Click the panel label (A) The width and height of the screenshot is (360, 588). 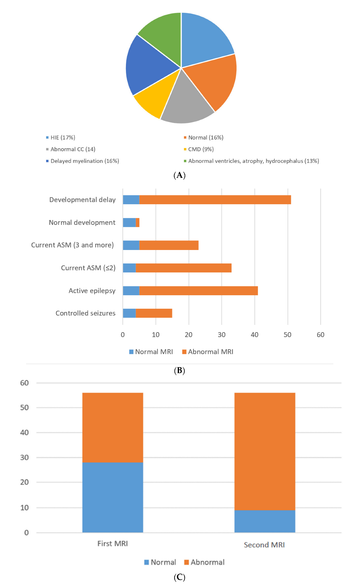[180, 175]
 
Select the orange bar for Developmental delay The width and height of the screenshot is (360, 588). [215, 200]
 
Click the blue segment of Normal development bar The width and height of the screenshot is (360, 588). [129, 222]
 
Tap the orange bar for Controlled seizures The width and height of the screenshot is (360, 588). [154, 313]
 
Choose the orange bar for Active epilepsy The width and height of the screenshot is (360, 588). [198, 291]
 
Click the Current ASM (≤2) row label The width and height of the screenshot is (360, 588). [88, 268]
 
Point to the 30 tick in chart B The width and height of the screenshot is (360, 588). [221, 335]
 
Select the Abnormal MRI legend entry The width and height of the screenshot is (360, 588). [208, 352]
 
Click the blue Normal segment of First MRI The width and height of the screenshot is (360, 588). [113, 497]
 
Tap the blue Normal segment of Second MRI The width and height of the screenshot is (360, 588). [265, 521]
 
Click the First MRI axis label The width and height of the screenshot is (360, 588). [113, 543]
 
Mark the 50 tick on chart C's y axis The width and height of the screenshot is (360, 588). [25, 407]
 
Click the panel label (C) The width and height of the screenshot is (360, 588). [180, 577]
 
